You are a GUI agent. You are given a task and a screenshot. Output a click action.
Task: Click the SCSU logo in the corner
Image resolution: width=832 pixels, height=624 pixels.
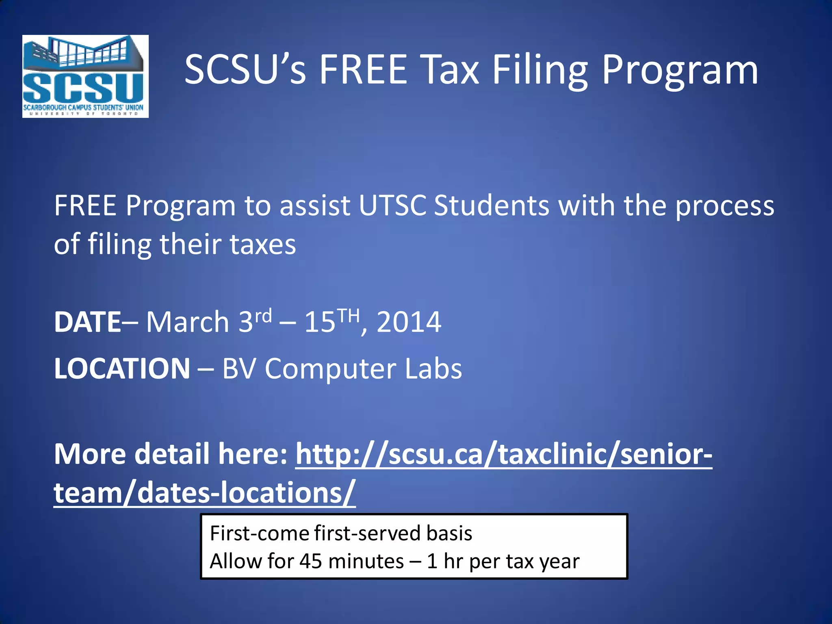point(85,76)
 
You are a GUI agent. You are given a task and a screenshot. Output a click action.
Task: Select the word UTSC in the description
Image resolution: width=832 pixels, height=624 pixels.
point(392,206)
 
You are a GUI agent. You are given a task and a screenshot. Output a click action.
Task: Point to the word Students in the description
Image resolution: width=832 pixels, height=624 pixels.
point(491,206)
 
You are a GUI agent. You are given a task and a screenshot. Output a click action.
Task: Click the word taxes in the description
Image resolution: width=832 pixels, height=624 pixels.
point(262,245)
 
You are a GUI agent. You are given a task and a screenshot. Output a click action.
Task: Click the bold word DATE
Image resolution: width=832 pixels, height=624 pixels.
point(87,322)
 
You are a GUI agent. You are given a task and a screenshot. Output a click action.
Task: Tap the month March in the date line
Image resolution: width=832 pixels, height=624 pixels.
point(188,322)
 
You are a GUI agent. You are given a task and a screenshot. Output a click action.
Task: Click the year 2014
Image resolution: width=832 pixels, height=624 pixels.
point(409,322)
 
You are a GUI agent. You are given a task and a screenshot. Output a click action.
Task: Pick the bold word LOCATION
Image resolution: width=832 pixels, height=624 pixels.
point(122,369)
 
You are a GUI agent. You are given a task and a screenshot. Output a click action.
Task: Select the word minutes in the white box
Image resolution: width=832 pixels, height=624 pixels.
point(366,561)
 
